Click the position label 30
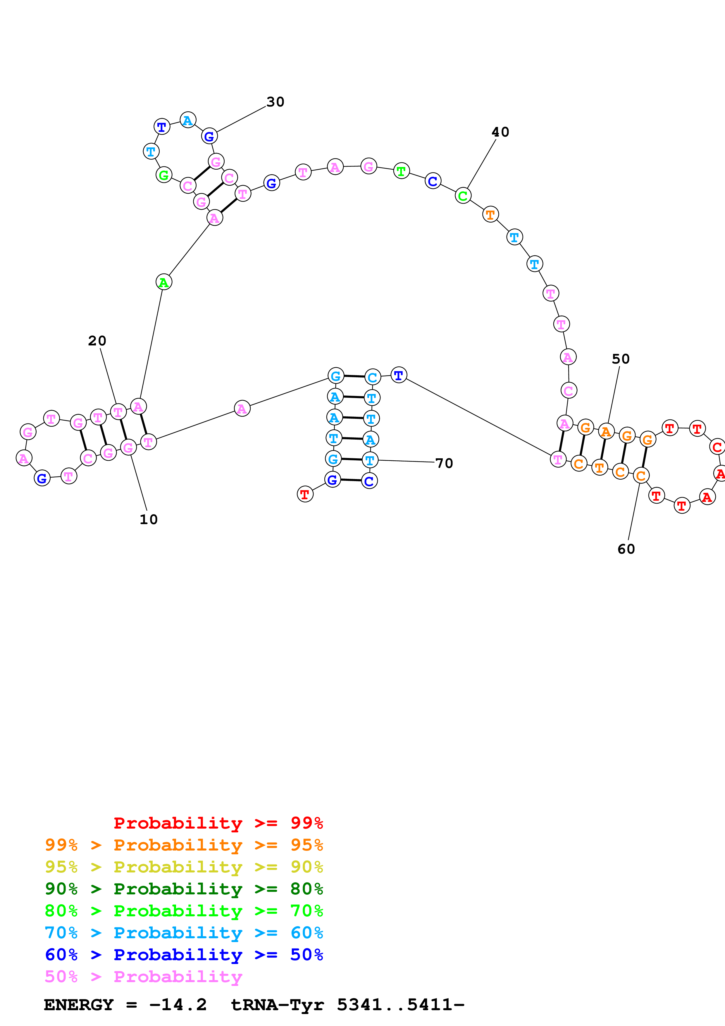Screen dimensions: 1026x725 (275, 102)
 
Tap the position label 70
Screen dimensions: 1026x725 (444, 463)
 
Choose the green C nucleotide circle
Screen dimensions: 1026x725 (463, 195)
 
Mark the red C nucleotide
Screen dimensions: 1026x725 (717, 447)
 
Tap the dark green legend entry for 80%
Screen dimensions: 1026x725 (184, 889)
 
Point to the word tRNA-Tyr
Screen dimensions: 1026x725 (277, 1005)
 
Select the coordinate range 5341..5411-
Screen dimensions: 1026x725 (401, 1005)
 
